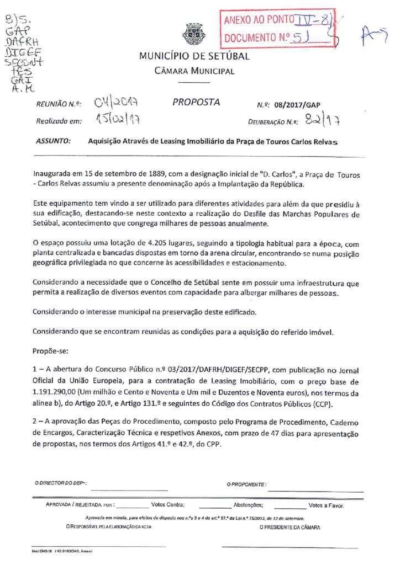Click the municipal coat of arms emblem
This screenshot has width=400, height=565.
pos(194,34)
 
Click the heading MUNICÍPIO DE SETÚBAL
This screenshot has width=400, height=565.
pos(194,56)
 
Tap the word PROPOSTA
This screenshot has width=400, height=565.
pos(196,102)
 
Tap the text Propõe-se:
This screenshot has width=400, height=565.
pos(50,350)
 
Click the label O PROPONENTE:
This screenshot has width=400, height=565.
pos(246,484)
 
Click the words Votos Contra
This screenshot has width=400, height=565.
pos(167,505)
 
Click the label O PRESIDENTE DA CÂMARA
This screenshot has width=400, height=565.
pos(290,527)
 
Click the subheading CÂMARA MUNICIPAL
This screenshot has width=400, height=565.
pos(194,71)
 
